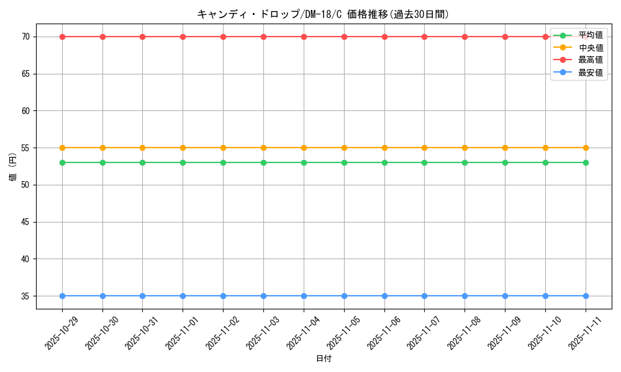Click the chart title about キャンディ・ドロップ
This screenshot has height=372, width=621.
[x=323, y=14]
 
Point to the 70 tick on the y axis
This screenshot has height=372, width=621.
[x=25, y=37]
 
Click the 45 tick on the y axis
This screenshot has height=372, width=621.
[x=25, y=222]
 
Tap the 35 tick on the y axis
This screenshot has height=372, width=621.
[x=25, y=296]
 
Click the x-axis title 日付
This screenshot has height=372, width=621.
[x=324, y=359]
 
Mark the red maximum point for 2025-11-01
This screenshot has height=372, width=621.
[x=183, y=37]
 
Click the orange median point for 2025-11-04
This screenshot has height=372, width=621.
[x=304, y=148]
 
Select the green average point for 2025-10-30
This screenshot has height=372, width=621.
[x=102, y=162]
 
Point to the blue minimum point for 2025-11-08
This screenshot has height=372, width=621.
[x=465, y=296]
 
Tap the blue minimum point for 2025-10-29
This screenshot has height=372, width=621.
[x=62, y=296]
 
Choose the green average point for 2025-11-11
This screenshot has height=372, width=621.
[x=586, y=162]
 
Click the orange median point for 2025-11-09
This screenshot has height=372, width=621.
[x=505, y=148]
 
